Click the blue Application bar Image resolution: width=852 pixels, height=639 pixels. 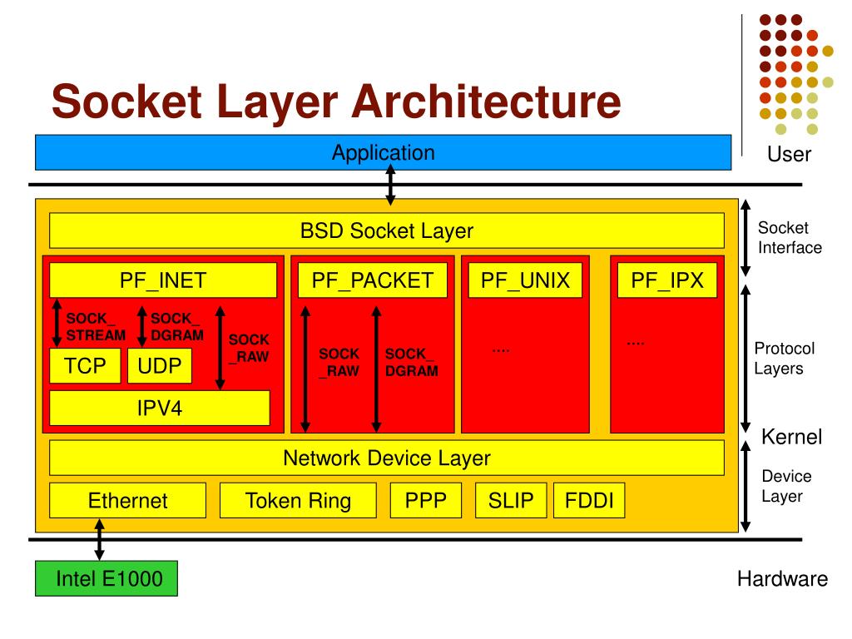point(383,153)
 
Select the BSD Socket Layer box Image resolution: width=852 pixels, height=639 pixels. point(387,231)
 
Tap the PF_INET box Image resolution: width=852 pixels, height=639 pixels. point(163,280)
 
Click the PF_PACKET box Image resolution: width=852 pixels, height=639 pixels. point(373,280)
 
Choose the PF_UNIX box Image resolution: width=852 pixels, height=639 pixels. point(526,280)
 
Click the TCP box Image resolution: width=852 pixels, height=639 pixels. point(86,366)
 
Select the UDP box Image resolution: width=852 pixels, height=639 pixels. point(160,366)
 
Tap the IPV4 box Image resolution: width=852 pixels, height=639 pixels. point(160,409)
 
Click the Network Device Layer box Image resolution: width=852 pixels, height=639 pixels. point(387,458)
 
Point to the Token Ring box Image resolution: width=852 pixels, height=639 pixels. point(298,501)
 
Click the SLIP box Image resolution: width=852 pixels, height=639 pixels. point(511,501)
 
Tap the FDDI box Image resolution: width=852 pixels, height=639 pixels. point(589,501)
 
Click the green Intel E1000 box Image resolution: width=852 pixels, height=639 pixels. point(106,579)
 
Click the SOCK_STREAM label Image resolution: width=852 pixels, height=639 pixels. point(95,327)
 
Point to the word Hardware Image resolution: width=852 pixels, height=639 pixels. point(782,579)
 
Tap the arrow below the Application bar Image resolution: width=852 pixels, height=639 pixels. point(390,185)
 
